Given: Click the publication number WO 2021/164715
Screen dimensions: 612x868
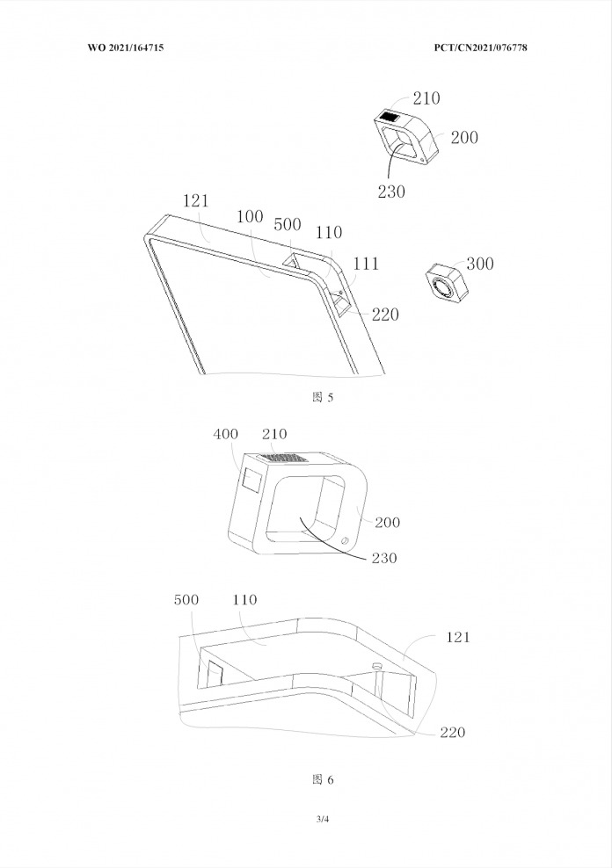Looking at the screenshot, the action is point(126,47).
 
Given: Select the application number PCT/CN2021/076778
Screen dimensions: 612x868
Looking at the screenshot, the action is point(480,47).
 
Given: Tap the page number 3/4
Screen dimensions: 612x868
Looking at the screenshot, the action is point(323,820).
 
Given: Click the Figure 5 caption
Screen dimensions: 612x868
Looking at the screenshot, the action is point(323,397).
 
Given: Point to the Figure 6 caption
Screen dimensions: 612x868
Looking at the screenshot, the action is point(323,780).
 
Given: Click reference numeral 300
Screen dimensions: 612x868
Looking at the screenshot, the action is point(480,264).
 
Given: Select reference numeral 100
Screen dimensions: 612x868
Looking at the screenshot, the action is point(250,216).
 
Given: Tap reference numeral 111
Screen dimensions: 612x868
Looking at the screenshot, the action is point(366,264).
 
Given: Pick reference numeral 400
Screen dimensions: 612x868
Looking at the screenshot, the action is point(225,434).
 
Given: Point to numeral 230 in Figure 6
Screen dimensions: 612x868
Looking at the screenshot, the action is point(384,558).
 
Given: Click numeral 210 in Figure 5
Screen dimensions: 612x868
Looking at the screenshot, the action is point(426,98).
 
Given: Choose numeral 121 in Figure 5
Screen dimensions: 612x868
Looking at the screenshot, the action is point(195,200).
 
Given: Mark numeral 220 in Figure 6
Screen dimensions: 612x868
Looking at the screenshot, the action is point(453,733).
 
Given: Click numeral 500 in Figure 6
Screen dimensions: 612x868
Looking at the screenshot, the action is point(186,599).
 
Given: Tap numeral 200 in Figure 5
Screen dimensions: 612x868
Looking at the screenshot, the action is point(464,137).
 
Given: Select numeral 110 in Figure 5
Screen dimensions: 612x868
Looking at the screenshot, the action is point(329,233).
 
